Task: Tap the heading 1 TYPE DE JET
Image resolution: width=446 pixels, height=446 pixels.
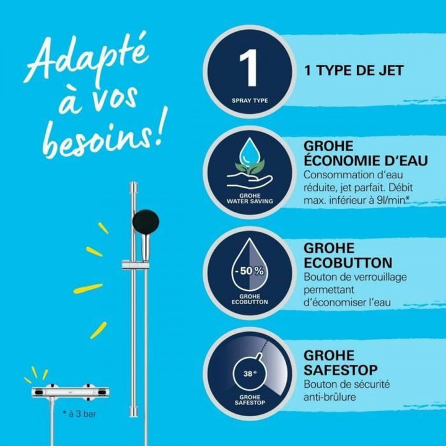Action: [353, 71]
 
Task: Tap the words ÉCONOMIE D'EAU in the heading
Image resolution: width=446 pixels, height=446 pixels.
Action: [365, 161]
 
